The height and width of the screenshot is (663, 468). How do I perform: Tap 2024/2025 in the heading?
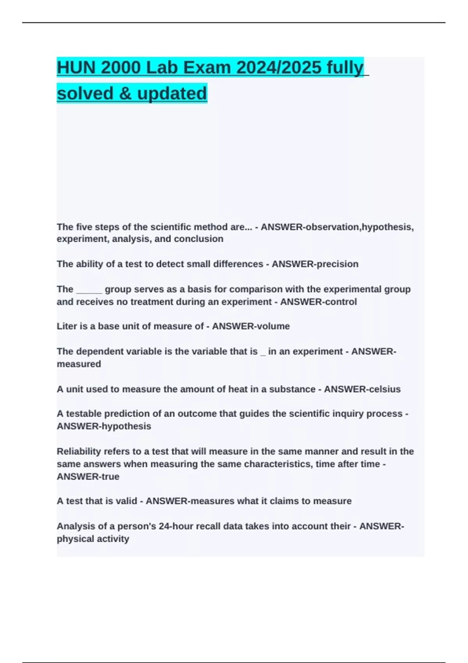point(279,67)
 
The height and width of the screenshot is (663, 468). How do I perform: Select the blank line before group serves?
point(89,289)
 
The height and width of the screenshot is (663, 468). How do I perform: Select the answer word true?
point(110,477)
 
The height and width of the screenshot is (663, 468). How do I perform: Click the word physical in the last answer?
point(74,539)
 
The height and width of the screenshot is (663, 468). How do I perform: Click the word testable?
point(83,414)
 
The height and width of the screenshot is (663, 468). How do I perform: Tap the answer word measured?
point(79,364)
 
